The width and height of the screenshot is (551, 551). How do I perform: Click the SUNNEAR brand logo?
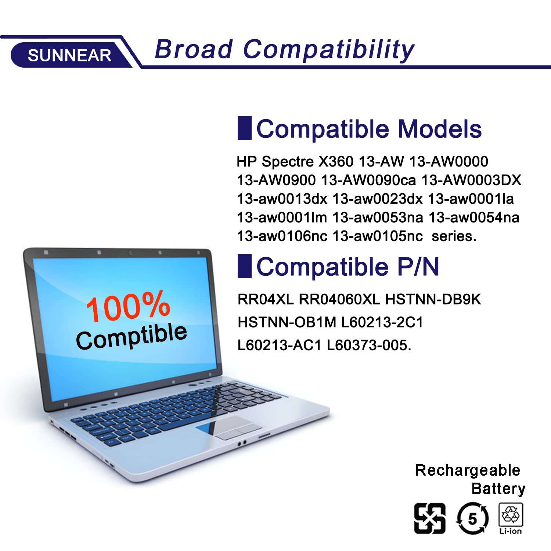coord(70,56)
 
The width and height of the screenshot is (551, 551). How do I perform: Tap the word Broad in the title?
coord(194,49)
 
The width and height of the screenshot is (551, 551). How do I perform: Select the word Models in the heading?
coord(440,129)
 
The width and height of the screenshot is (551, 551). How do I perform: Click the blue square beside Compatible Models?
coord(244,128)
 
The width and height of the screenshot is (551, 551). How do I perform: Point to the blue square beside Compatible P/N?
coord(244,266)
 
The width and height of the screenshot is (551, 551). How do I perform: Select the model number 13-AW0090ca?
coord(368,180)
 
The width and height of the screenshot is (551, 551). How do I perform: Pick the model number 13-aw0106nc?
coord(282,236)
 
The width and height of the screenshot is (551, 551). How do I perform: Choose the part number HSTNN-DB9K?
coord(433,300)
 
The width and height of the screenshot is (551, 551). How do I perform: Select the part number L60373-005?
coord(369,345)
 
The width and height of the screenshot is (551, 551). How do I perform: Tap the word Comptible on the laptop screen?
coord(132,336)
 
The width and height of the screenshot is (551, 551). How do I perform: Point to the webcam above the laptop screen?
coord(130,253)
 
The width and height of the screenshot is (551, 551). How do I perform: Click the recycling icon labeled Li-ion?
coord(511,519)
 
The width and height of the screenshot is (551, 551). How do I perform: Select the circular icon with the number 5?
coord(472,519)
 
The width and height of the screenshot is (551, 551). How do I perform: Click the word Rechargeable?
coord(468,471)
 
